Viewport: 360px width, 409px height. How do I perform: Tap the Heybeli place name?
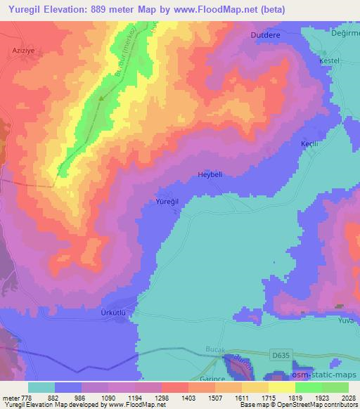click(210, 175)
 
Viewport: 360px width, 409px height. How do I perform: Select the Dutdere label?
click(264, 34)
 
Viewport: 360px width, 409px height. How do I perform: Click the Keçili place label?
click(310, 143)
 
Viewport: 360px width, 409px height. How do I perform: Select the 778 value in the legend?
click(25, 398)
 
